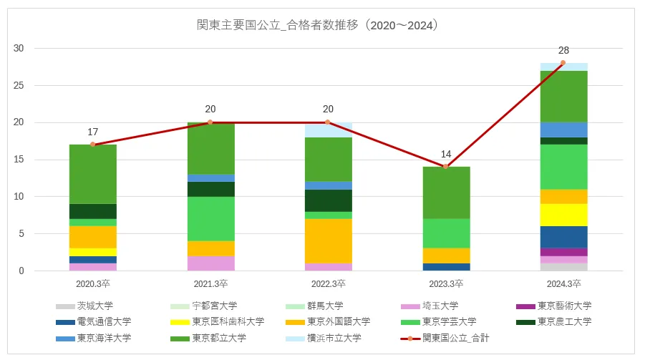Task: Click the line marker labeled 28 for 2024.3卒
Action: (563, 63)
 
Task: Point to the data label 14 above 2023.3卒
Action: (445, 154)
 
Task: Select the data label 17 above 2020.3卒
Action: (93, 132)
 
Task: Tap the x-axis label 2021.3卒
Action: (210, 283)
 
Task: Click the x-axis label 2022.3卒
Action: (328, 283)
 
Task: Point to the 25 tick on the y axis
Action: (20, 86)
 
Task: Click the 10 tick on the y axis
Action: (20, 197)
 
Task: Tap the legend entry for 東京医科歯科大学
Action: (222, 322)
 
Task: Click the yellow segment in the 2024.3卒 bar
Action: (563, 215)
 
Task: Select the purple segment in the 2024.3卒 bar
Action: (563, 252)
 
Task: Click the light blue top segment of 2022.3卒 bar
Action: (328, 130)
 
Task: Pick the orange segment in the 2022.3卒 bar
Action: (328, 240)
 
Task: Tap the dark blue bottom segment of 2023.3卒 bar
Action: (445, 267)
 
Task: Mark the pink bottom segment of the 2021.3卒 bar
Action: (210, 263)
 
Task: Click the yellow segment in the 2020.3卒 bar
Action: (93, 252)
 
